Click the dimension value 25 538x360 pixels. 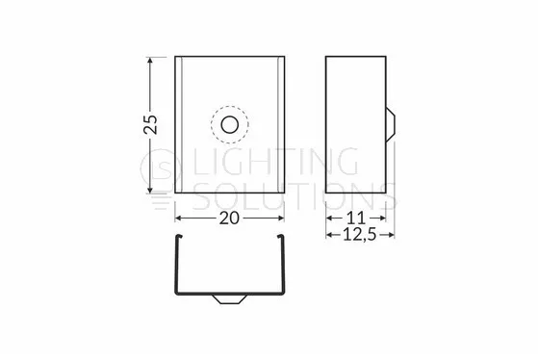150,124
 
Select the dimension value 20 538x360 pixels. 229,219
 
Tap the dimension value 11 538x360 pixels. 356,218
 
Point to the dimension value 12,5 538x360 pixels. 360,235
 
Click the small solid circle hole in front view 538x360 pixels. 230,124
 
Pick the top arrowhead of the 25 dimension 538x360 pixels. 149,61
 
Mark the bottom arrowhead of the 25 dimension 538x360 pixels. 149,189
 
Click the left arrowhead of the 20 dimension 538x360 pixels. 179,219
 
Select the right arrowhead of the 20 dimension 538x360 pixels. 280,219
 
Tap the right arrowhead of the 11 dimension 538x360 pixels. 382,218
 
